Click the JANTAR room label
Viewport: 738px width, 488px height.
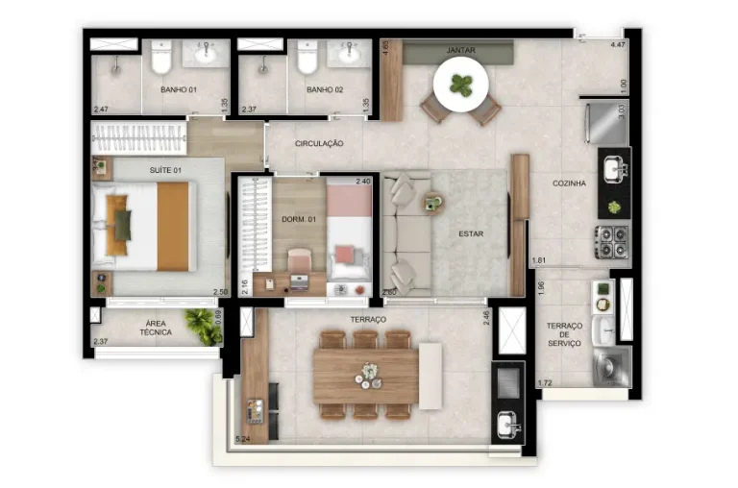461,50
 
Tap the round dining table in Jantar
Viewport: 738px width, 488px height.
462,86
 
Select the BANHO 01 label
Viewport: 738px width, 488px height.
179,90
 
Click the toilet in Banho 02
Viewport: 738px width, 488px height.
307,61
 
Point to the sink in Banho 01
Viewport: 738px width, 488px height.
205,55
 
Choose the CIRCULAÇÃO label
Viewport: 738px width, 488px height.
319,144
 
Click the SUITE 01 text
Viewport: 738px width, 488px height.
165,170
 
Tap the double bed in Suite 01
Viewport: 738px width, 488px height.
145,227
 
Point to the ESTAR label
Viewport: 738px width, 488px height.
470,232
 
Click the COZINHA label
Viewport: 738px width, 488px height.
570,183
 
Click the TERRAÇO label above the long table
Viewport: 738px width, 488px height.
369,319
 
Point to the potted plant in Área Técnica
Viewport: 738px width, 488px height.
204,327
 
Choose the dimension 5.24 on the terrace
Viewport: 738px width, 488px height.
243,440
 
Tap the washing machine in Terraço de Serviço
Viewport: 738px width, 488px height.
610,366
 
